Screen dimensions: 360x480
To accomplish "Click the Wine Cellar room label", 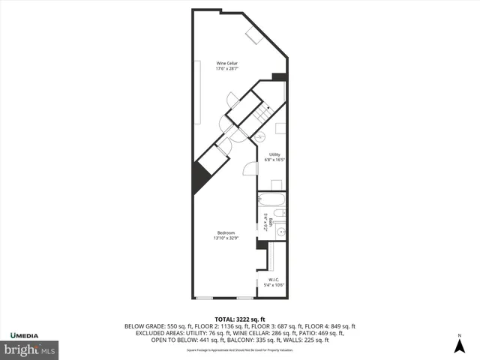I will click(x=227, y=63).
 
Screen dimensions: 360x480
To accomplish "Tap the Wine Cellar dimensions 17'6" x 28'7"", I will click(x=227, y=69).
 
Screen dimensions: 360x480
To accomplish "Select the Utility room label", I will click(x=274, y=154).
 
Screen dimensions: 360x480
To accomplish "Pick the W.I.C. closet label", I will click(x=274, y=279).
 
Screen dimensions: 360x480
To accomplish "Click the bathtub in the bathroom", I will click(x=272, y=200).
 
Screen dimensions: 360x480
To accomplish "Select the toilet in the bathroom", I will click(x=278, y=216).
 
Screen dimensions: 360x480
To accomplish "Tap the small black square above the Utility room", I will click(x=279, y=76).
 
